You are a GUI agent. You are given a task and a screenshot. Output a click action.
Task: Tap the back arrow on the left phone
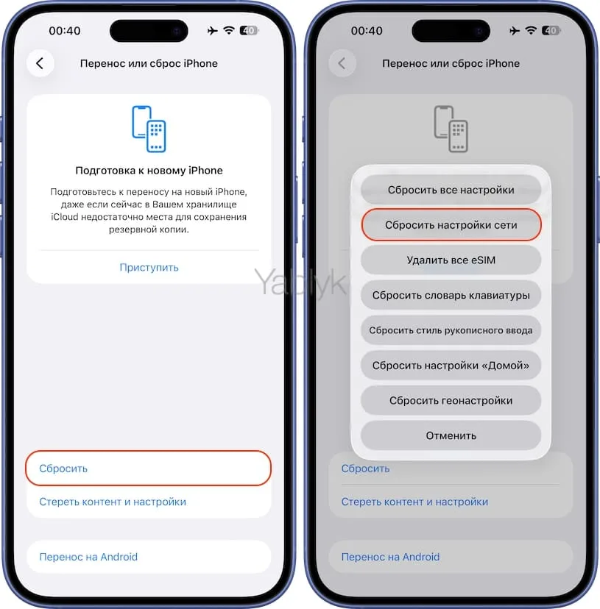40,63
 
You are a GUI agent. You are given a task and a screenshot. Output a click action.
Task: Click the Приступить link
149,267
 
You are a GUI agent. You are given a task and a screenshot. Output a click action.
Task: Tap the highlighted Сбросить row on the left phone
148,469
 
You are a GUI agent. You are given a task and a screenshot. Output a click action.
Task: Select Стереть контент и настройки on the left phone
113,502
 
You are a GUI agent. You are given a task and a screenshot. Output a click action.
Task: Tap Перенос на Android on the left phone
88,557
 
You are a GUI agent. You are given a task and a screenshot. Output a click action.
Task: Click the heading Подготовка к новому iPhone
149,171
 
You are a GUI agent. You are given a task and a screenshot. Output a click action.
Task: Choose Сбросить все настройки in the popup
451,190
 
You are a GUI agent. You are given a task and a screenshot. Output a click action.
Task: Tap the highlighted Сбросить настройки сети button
451,225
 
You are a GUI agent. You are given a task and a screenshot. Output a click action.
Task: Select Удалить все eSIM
451,260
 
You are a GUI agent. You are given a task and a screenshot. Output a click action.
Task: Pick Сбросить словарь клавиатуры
451,295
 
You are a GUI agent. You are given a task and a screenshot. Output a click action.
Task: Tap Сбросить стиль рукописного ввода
451,330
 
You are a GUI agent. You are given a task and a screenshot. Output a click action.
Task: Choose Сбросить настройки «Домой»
451,366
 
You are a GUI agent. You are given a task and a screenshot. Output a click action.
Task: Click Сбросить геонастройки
451,401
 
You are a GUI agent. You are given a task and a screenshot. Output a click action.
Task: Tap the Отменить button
451,435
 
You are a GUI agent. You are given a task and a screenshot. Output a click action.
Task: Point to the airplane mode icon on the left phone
213,31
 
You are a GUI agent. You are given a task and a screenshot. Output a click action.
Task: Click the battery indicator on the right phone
550,31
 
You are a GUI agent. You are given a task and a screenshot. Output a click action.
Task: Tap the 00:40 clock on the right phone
367,31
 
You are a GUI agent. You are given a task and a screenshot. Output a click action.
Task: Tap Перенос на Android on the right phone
390,557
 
